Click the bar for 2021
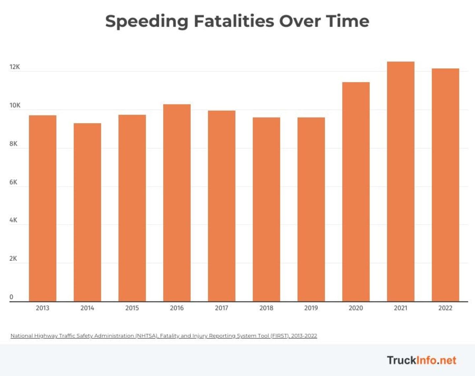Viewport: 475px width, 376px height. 400,181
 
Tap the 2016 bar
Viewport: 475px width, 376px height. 177,203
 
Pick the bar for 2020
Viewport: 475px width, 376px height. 356,192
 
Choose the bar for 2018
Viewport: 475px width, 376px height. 266,209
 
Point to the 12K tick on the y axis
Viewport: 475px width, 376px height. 15,67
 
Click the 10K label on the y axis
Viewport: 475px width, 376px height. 15,105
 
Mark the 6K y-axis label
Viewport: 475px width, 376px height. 13,182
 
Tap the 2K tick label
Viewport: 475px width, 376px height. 13,259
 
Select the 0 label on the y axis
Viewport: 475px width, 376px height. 11,297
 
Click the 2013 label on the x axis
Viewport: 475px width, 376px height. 43,308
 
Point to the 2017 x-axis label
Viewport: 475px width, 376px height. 221,308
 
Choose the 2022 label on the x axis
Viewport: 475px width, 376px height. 445,308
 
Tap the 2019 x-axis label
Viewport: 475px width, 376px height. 311,308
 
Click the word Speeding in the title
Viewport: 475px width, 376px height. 146,21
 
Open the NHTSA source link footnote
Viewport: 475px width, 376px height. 164,336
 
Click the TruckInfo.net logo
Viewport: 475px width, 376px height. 422,360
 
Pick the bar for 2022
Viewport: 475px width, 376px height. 445,185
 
